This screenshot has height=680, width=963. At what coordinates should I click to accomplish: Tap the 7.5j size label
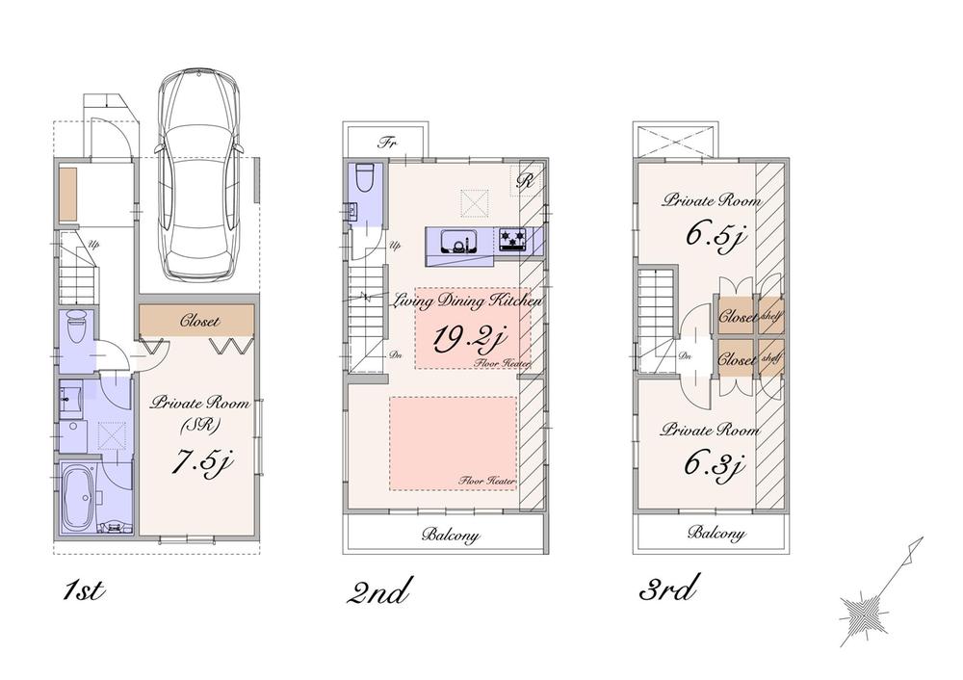tap(200, 462)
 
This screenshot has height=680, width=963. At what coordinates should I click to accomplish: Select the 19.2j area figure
tap(469, 340)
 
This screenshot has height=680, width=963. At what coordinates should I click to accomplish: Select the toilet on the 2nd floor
tap(364, 178)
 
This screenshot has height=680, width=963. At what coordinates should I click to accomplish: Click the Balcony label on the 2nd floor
tap(451, 536)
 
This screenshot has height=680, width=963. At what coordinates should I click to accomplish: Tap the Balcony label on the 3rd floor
tap(716, 533)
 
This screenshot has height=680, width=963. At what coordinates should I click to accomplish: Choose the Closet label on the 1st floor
tap(199, 321)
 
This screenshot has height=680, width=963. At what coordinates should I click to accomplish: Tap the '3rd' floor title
tap(668, 588)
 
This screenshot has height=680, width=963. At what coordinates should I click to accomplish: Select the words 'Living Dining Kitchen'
tap(468, 301)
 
